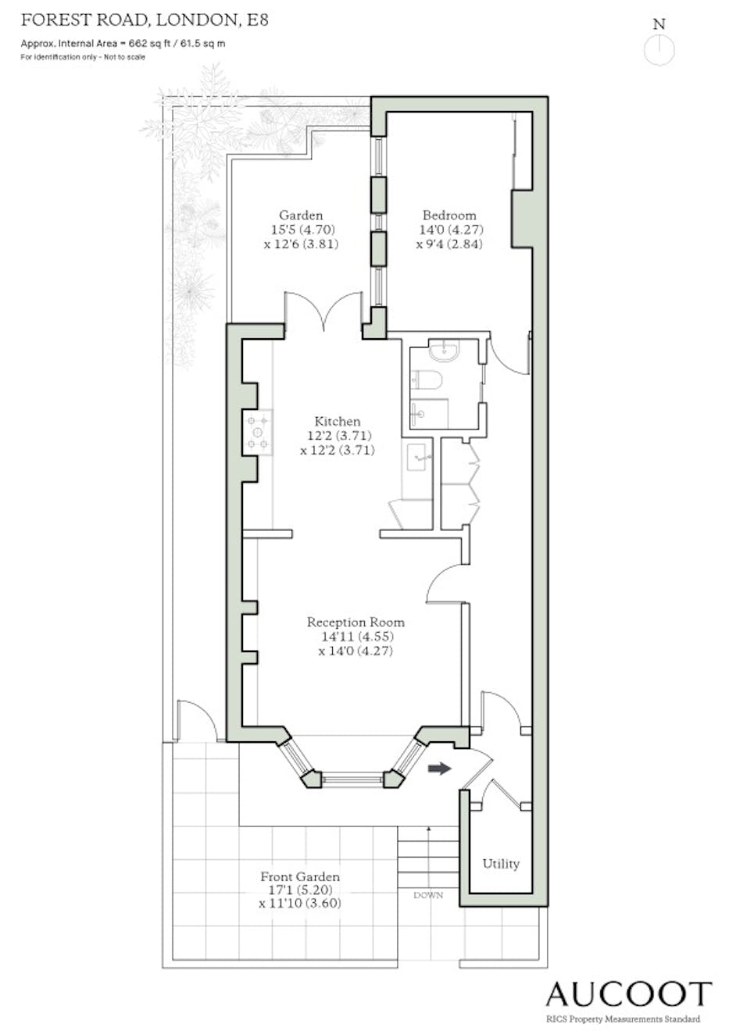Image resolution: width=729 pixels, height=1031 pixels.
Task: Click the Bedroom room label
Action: click(x=449, y=215)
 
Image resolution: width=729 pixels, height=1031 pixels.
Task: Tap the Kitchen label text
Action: click(x=338, y=421)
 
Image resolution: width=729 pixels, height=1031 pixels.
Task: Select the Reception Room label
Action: click(x=356, y=622)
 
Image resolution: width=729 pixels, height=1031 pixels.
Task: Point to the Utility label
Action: click(x=501, y=864)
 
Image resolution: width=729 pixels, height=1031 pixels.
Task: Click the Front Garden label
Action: click(x=300, y=876)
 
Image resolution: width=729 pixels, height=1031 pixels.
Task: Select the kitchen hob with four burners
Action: click(x=258, y=433)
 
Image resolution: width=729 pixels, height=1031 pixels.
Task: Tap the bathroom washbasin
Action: click(x=444, y=350)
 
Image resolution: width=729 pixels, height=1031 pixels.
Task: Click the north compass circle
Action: click(x=659, y=50)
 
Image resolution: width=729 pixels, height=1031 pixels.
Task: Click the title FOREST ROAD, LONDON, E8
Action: click(x=145, y=20)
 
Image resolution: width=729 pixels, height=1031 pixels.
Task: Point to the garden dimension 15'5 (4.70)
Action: click(x=302, y=229)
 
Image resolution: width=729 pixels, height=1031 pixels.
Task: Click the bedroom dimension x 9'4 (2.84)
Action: click(x=449, y=244)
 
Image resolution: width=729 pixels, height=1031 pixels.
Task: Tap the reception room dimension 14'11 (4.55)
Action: click(x=357, y=636)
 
